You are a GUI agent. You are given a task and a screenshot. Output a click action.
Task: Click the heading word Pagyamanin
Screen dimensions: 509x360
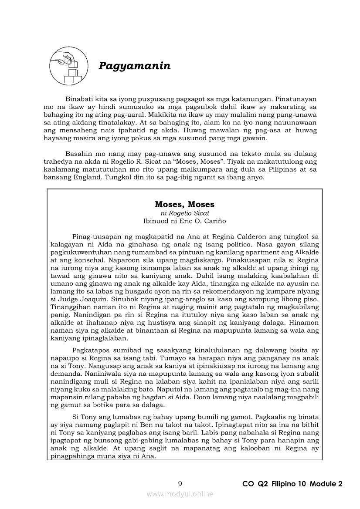pos(134,66)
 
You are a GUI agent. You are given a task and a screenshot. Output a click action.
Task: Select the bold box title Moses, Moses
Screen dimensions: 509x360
pos(184,204)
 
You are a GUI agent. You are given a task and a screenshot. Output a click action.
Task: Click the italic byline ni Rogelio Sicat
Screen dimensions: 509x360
pos(184,213)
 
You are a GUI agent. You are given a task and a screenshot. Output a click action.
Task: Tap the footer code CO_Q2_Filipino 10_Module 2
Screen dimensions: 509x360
pos(292,484)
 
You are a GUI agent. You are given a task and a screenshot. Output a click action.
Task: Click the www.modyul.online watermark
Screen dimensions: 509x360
pos(180,494)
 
